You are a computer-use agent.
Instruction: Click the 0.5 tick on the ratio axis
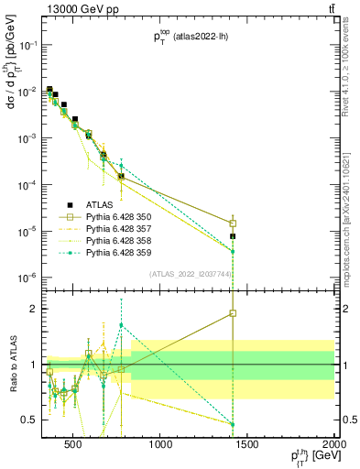tap(32, 420)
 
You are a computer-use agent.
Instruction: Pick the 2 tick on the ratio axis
tap(34, 309)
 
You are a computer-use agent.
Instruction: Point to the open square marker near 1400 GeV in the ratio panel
tap(233, 313)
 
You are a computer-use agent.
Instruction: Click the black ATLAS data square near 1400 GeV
tap(233, 236)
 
